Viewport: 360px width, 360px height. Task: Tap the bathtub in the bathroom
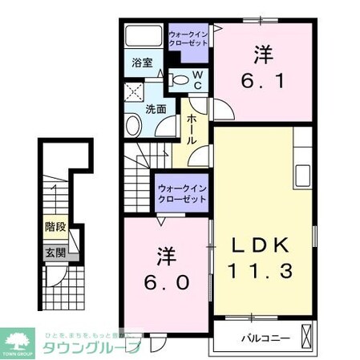click(x=144, y=36)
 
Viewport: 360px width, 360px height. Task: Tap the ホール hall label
click(x=192, y=129)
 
